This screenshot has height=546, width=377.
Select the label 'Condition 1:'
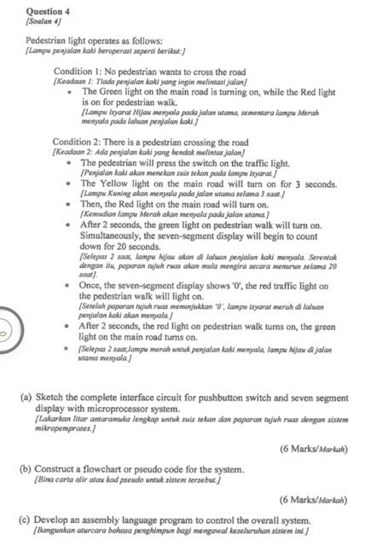[x=80, y=72]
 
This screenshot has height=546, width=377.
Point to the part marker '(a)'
[x=26, y=398]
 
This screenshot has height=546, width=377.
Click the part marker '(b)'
[x=26, y=469]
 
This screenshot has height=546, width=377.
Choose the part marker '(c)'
[x=26, y=520]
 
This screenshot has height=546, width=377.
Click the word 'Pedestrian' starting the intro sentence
[x=49, y=40]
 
